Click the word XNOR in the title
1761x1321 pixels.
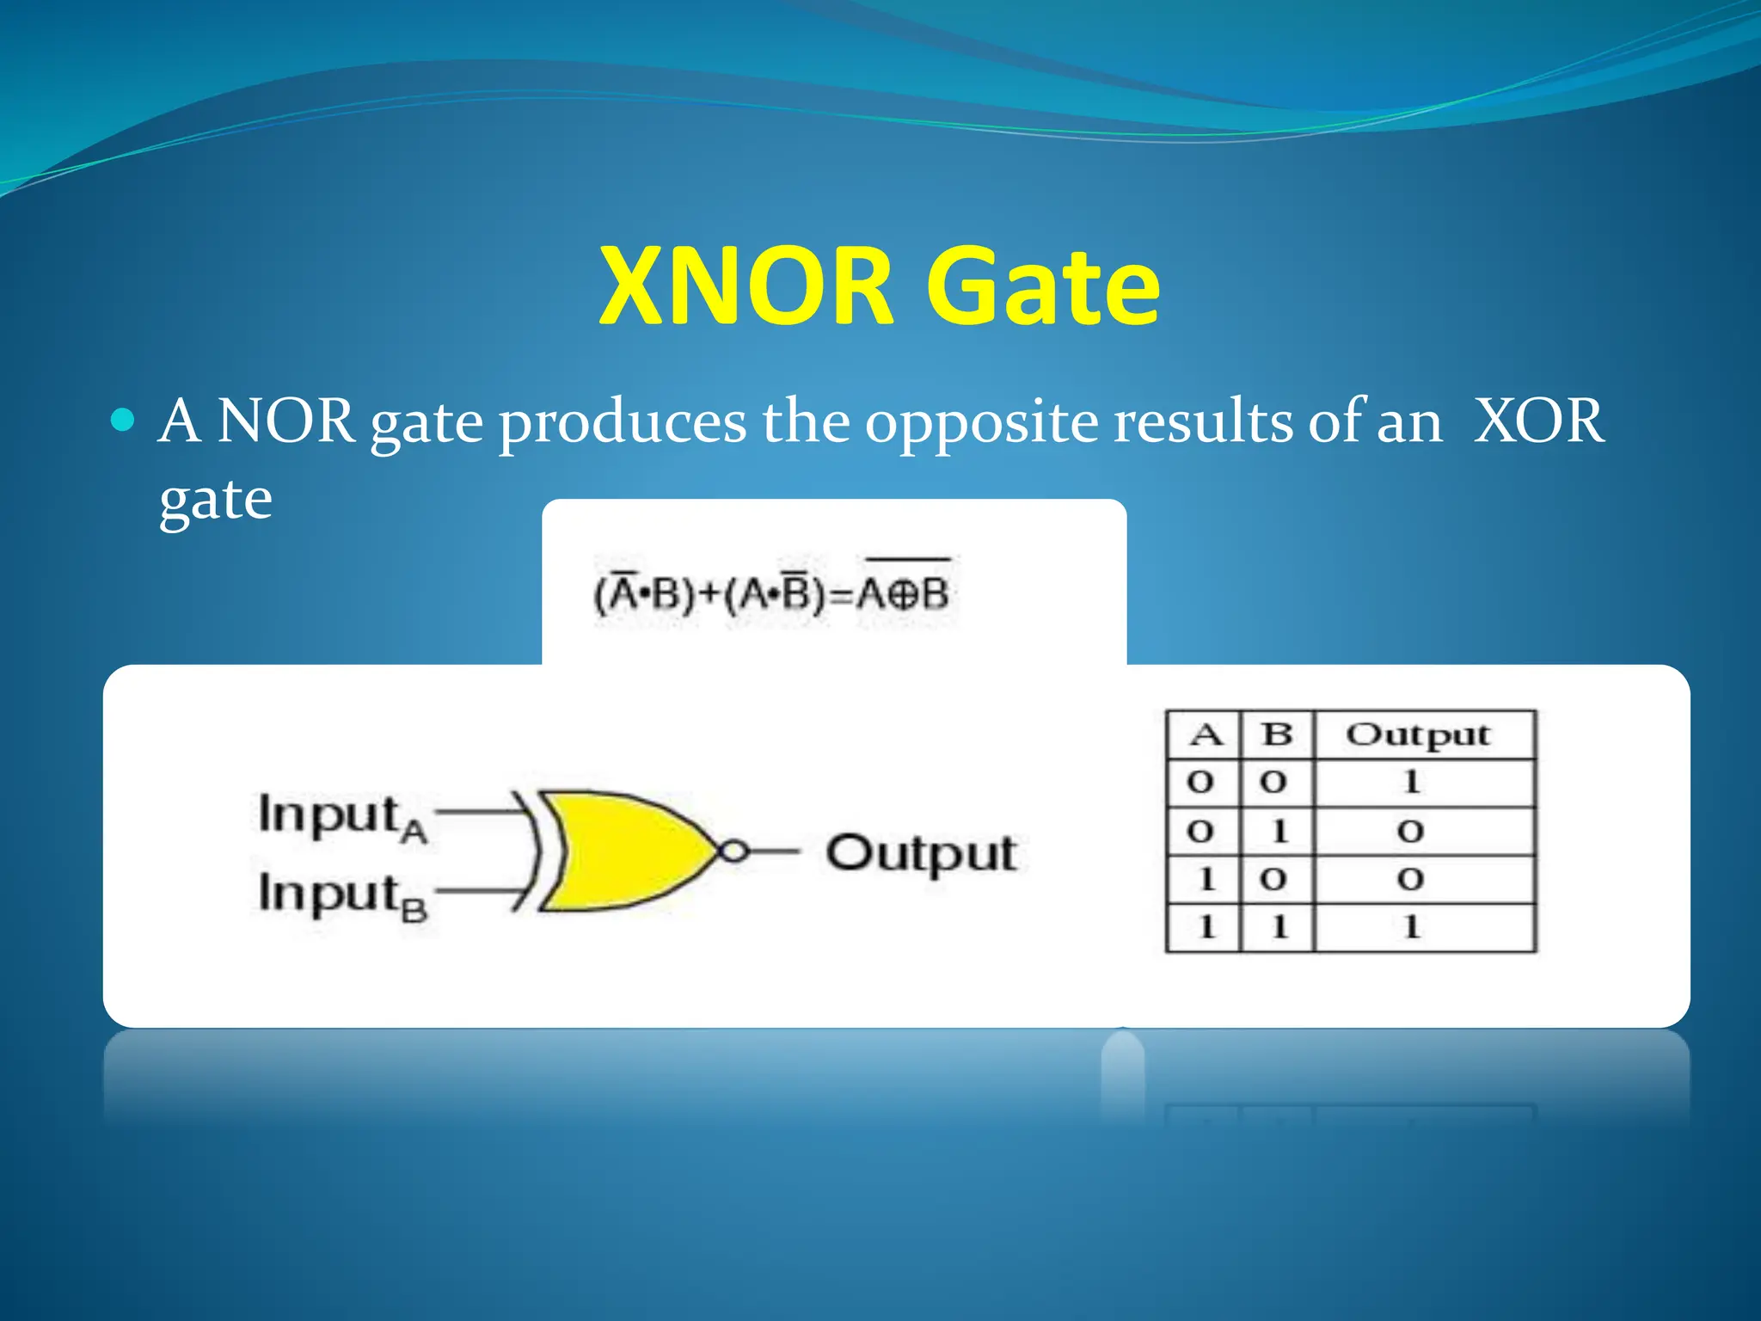[746, 286]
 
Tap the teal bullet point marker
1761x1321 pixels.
[124, 420]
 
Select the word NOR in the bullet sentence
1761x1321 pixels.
[285, 421]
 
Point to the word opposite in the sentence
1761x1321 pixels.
[980, 423]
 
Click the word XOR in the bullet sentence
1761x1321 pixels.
[1538, 421]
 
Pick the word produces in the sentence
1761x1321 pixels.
[623, 423]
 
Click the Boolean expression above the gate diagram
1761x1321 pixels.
[771, 593]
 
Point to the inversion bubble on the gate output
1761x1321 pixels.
[733, 851]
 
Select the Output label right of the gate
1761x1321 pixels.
[921, 854]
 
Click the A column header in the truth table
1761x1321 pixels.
[1205, 735]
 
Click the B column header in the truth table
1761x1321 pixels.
[1277, 735]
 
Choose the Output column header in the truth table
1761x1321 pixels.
[1418, 735]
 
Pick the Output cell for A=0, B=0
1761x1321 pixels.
[1411, 783]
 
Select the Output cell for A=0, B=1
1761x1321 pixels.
[1411, 831]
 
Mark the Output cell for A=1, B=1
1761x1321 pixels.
[1411, 927]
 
